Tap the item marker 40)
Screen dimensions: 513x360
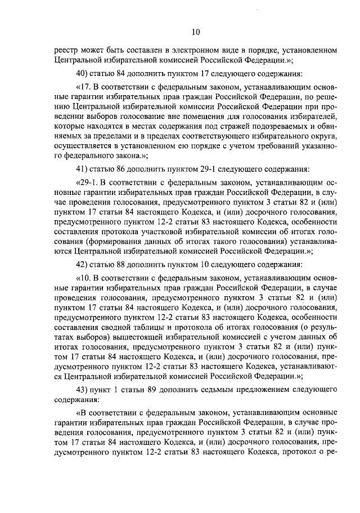(83, 73)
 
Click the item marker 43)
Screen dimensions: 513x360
(83, 390)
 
